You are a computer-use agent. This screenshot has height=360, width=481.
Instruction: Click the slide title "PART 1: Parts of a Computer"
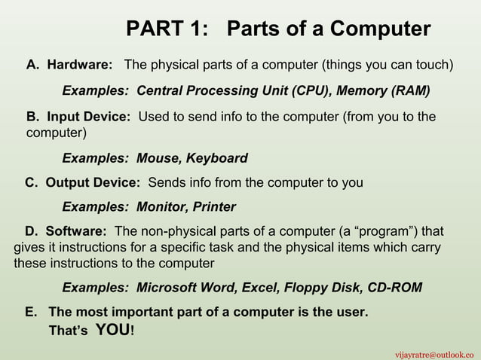coord(278,29)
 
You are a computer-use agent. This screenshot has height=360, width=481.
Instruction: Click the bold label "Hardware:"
coord(80,66)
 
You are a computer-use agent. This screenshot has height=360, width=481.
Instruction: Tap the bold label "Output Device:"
coord(92,183)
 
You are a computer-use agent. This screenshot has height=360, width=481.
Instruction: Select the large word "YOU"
coord(113,330)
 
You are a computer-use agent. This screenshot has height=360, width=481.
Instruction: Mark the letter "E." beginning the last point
coord(32,312)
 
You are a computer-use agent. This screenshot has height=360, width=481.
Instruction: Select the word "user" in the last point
coord(352,312)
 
